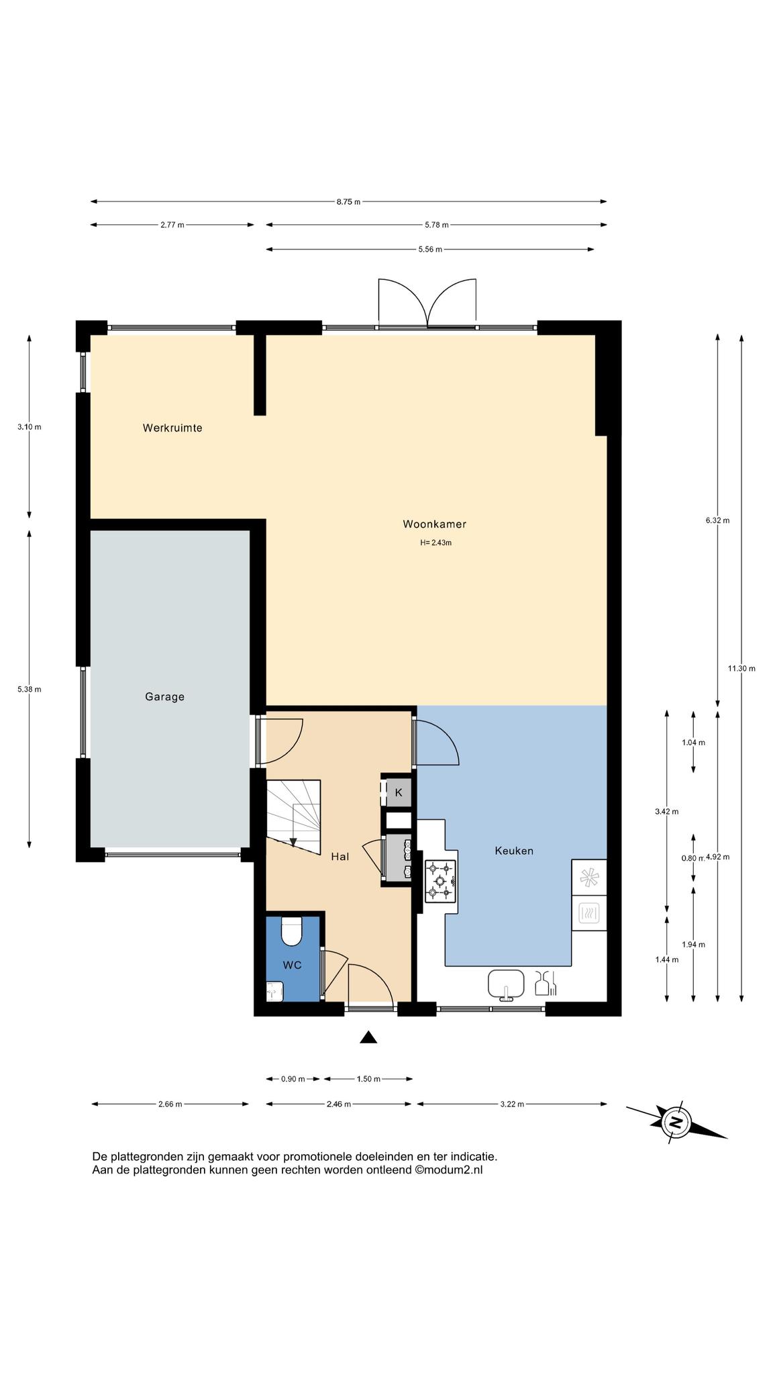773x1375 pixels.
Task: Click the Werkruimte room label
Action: tap(172, 428)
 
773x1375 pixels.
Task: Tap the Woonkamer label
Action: tap(434, 524)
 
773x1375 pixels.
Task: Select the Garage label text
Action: tap(164, 697)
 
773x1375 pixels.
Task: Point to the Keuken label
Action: tap(514, 851)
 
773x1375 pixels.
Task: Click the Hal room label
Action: tap(340, 857)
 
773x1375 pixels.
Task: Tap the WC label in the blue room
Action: tap(292, 965)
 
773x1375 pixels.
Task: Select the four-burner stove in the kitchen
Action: tap(440, 880)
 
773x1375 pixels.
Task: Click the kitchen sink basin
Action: tap(506, 984)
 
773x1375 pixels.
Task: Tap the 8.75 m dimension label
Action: tap(348, 201)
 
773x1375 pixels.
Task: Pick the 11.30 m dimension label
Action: tap(741, 668)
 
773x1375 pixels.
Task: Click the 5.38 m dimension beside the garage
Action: tap(30, 689)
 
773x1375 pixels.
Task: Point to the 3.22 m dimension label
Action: tap(512, 1104)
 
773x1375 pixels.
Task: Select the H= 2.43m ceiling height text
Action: tap(436, 542)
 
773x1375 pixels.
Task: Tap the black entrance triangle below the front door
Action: tap(368, 1037)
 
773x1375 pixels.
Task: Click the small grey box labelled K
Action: tap(398, 792)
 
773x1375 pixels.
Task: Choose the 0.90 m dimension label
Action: tap(293, 1079)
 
